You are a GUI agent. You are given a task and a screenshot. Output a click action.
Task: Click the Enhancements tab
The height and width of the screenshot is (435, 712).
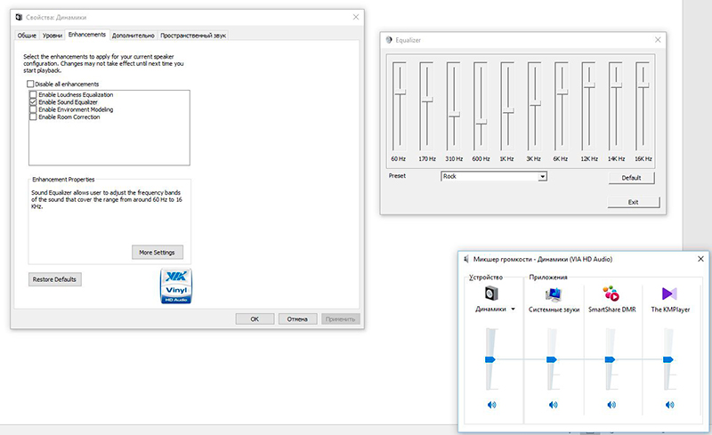tap(87, 35)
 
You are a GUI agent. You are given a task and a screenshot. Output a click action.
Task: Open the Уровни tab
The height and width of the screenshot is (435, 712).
tap(53, 35)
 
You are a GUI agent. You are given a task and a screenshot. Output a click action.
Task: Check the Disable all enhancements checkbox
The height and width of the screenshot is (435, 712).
tap(31, 84)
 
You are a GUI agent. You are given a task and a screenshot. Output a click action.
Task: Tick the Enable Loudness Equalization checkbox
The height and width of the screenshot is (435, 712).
tap(34, 94)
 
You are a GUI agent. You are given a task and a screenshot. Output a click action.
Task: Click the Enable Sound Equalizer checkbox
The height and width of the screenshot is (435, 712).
tap(34, 102)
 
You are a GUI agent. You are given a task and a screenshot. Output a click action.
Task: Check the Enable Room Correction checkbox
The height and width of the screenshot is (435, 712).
tap(34, 117)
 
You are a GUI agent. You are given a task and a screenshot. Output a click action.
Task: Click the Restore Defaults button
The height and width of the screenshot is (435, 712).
tap(55, 279)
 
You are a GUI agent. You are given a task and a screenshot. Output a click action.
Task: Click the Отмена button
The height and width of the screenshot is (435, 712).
tap(298, 318)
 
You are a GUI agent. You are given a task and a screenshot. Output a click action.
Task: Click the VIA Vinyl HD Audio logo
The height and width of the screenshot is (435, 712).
tap(175, 287)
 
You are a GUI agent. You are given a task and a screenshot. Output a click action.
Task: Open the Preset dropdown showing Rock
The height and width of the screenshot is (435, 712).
tap(493, 177)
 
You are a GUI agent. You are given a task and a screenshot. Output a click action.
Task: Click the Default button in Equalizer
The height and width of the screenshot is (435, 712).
tap(632, 178)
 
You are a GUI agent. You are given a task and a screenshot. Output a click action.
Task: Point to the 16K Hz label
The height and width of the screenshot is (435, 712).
tap(643, 158)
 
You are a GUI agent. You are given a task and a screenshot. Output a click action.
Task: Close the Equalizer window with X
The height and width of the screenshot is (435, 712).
tap(658, 40)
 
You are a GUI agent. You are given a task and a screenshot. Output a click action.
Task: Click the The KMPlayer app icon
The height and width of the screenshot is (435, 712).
tap(669, 294)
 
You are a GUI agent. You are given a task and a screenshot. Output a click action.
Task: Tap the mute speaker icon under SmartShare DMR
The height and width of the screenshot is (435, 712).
tap(611, 405)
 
